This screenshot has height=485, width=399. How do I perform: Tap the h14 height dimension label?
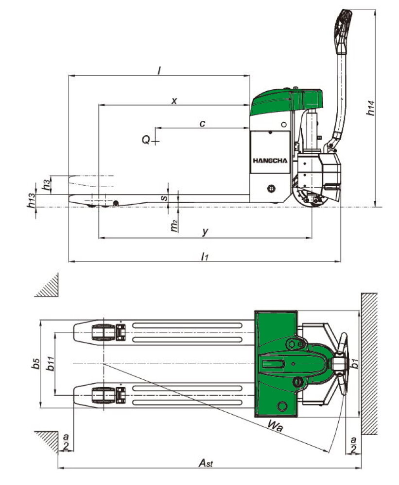(371, 108)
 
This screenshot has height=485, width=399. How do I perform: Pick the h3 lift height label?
(46, 184)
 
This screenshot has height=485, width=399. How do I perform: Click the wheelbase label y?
(205, 232)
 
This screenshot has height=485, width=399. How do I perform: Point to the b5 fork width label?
(35, 365)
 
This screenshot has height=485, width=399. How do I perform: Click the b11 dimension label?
(50, 365)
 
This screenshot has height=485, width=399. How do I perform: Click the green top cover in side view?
(287, 99)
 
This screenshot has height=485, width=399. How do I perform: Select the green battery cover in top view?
(275, 364)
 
